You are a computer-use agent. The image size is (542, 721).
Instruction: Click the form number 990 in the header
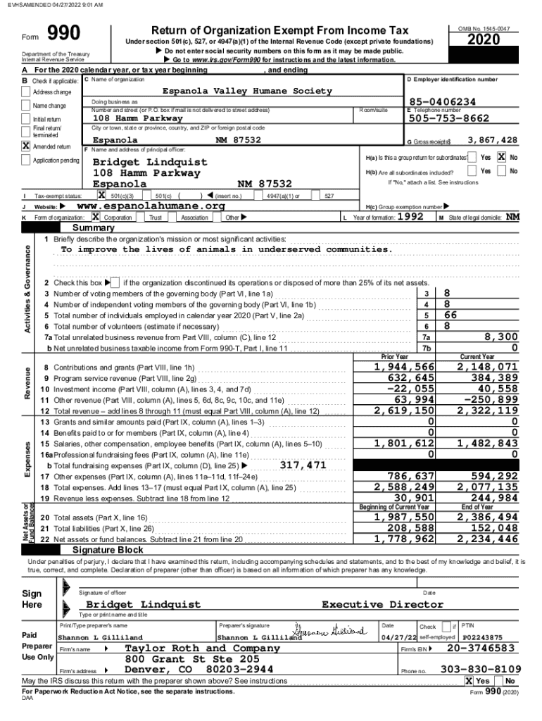tap(63, 34)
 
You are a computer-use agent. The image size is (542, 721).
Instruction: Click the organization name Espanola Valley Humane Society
tap(247, 91)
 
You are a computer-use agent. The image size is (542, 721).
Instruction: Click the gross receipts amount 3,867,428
tap(492, 140)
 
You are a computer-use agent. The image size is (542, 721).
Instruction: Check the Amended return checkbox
tap(27, 146)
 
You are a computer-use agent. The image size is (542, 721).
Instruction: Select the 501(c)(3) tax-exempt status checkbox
tap(102, 195)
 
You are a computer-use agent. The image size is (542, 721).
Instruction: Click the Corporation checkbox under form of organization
tap(96, 218)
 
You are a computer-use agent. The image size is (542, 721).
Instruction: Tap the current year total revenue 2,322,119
tap(487, 410)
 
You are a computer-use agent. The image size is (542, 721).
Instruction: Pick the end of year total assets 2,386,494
tap(487, 518)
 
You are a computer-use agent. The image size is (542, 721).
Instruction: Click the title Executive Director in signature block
tap(382, 604)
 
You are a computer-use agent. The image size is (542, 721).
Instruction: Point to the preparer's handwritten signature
tap(330, 629)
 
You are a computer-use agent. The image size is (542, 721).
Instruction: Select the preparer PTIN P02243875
tap(482, 637)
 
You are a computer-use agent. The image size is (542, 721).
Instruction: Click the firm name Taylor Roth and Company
tap(202, 648)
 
